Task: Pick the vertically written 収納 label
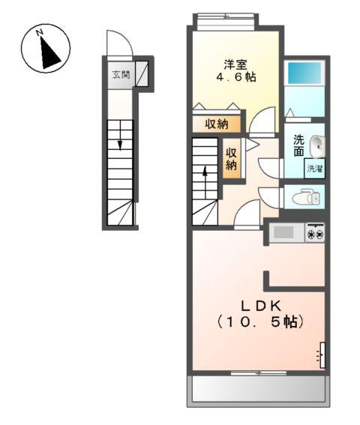point(232,158)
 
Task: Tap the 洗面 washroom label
point(298,145)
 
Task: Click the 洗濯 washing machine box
point(315,169)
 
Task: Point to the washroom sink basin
point(317,144)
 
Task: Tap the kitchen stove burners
point(316,235)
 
